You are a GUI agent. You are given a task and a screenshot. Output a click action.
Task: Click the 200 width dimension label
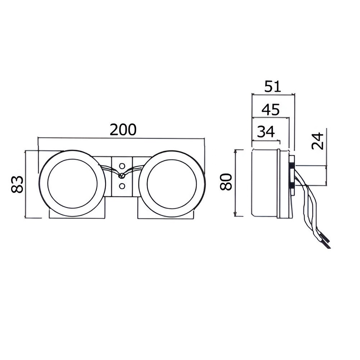coord(123,130)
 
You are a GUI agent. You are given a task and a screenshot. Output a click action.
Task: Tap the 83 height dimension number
coord(17,184)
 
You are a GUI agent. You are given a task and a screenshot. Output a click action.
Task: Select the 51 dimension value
coord(273,86)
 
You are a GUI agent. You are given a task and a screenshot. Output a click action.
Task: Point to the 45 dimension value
coord(271,109)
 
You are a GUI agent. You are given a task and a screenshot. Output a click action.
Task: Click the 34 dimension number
coord(266,132)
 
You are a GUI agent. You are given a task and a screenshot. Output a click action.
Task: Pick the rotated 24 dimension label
coord(318,141)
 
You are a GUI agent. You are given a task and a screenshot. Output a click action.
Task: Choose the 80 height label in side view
coord(226,182)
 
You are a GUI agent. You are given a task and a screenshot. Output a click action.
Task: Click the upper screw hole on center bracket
coord(122,166)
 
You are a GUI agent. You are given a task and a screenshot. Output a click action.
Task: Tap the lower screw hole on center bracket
coord(122,186)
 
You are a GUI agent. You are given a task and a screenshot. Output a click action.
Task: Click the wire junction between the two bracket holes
coord(122,176)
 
